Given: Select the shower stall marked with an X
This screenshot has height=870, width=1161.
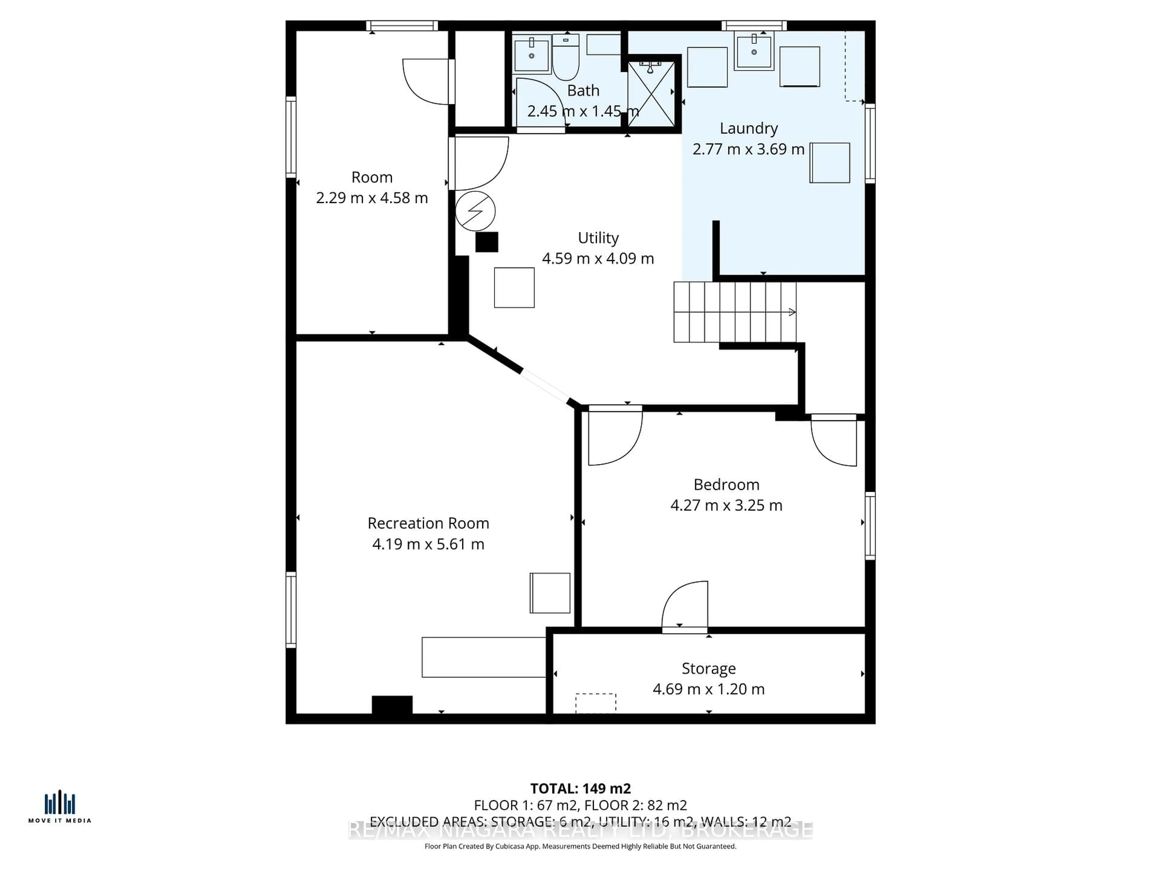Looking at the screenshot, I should point(651,94).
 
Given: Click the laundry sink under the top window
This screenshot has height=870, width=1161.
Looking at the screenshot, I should point(754,51).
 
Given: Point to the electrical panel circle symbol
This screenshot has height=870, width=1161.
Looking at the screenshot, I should point(475,211).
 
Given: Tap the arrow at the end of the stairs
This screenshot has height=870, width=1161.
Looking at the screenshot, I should point(792,312).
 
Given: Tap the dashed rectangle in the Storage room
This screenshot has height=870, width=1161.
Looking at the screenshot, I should point(595,703).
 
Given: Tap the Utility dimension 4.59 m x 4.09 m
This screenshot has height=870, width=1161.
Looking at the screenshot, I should point(597,259).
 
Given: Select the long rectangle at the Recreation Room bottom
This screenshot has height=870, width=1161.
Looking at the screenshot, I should point(483,657).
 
